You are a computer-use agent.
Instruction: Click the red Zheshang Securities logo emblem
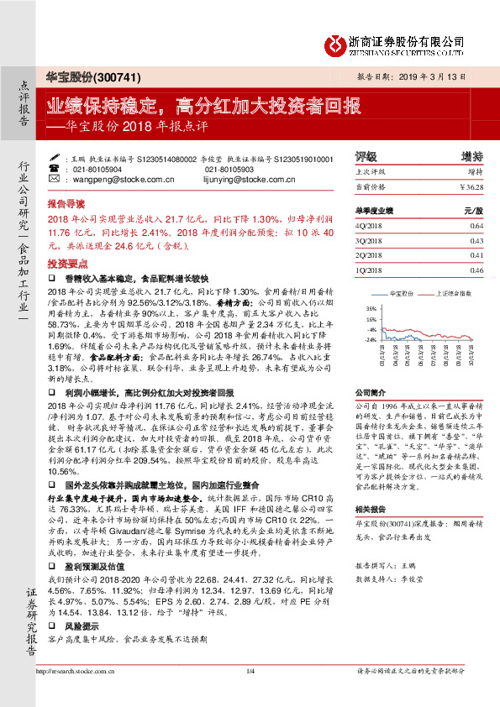click(337, 43)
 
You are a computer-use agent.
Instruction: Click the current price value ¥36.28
click(471, 186)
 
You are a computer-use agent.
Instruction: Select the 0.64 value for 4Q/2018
click(476, 226)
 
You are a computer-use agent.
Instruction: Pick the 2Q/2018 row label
click(370, 254)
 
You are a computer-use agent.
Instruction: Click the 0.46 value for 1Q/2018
click(476, 270)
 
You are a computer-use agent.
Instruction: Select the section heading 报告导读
click(66, 204)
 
